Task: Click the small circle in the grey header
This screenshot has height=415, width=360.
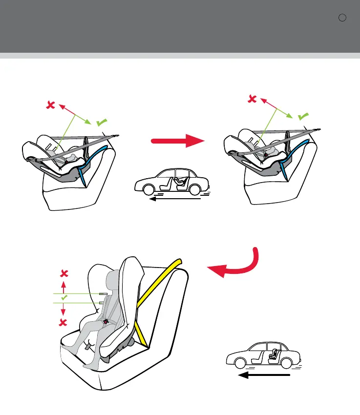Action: [x=342, y=18]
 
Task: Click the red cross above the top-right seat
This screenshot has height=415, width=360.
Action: [x=252, y=99]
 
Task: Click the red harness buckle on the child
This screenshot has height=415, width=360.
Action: [x=106, y=322]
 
